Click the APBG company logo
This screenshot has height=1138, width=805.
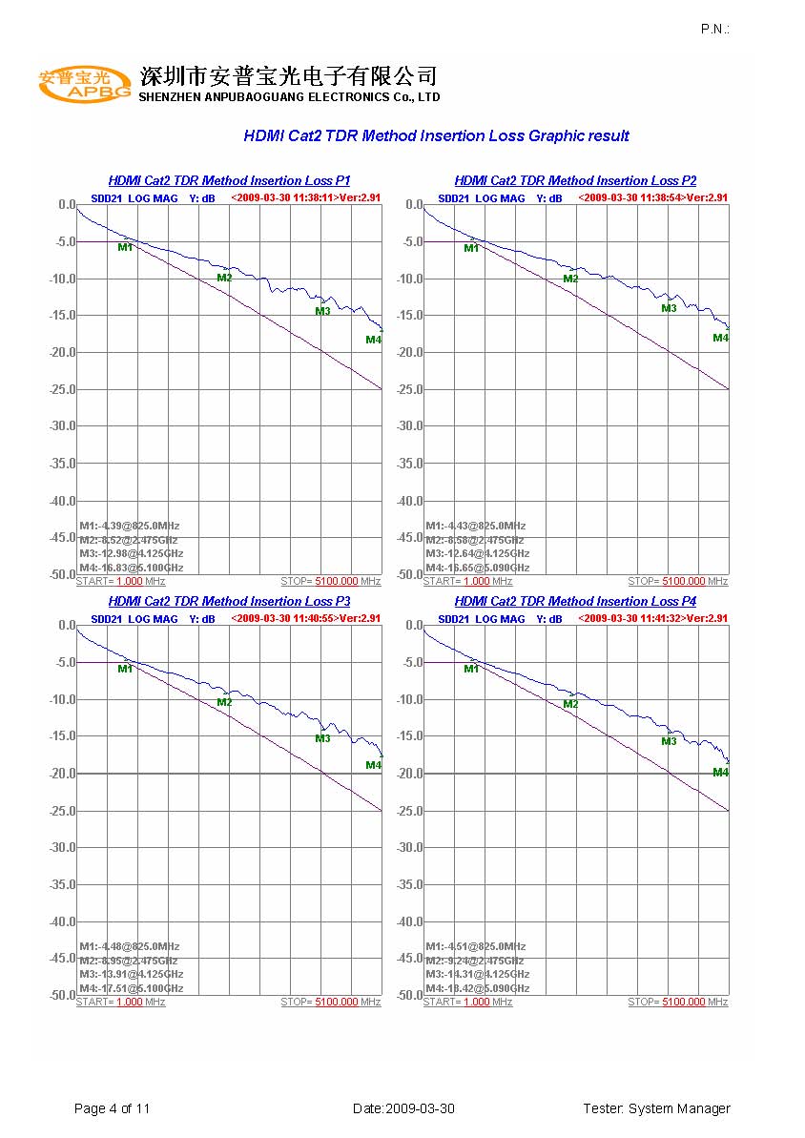86,84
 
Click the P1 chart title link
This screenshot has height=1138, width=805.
229,180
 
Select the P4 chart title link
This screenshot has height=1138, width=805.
575,601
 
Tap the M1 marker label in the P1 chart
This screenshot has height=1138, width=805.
125,248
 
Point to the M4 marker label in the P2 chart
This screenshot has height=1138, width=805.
721,338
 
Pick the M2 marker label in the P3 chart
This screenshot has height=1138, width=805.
224,703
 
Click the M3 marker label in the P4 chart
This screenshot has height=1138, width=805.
669,741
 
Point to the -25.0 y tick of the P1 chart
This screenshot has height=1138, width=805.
61,389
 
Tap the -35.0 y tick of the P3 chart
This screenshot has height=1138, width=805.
61,884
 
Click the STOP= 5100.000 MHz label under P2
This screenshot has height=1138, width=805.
677,581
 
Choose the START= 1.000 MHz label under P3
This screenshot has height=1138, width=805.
120,1002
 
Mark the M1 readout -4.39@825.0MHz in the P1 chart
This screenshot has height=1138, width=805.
130,526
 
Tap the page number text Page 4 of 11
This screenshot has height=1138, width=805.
113,1108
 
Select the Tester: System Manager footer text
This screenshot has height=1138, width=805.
656,1108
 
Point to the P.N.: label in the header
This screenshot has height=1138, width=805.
714,30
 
